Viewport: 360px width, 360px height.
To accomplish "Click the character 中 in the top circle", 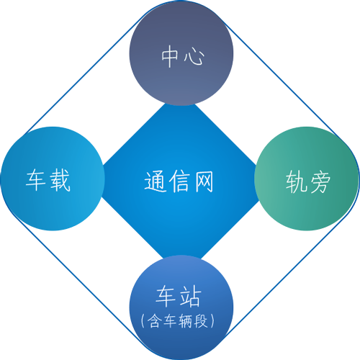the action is click(170, 56).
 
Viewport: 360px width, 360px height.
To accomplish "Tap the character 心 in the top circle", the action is click(194, 57).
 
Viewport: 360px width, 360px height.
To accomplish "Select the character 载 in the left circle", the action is click(60, 180).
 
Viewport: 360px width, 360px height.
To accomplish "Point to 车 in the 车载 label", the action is click(36, 180).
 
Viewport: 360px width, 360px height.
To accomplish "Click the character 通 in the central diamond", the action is click(156, 181).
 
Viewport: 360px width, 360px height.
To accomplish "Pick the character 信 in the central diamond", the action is click(179, 181).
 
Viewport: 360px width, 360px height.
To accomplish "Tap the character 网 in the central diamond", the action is click(204, 181).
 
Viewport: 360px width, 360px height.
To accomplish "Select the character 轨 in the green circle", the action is click(296, 181).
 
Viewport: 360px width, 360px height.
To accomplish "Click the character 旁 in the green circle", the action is click(320, 181).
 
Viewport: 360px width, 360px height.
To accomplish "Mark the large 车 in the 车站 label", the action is click(166, 297).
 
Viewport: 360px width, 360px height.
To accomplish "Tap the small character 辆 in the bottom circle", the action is click(186, 321).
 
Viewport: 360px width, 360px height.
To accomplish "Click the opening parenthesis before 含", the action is click(143, 321).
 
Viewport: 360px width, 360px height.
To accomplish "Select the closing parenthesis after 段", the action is click(212, 321).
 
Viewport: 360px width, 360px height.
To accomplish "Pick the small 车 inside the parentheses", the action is click(170, 321).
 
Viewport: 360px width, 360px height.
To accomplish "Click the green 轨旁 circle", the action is click(307, 179).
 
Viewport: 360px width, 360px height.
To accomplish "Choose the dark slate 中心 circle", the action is click(181, 53).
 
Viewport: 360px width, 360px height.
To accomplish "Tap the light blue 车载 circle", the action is click(53, 179).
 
